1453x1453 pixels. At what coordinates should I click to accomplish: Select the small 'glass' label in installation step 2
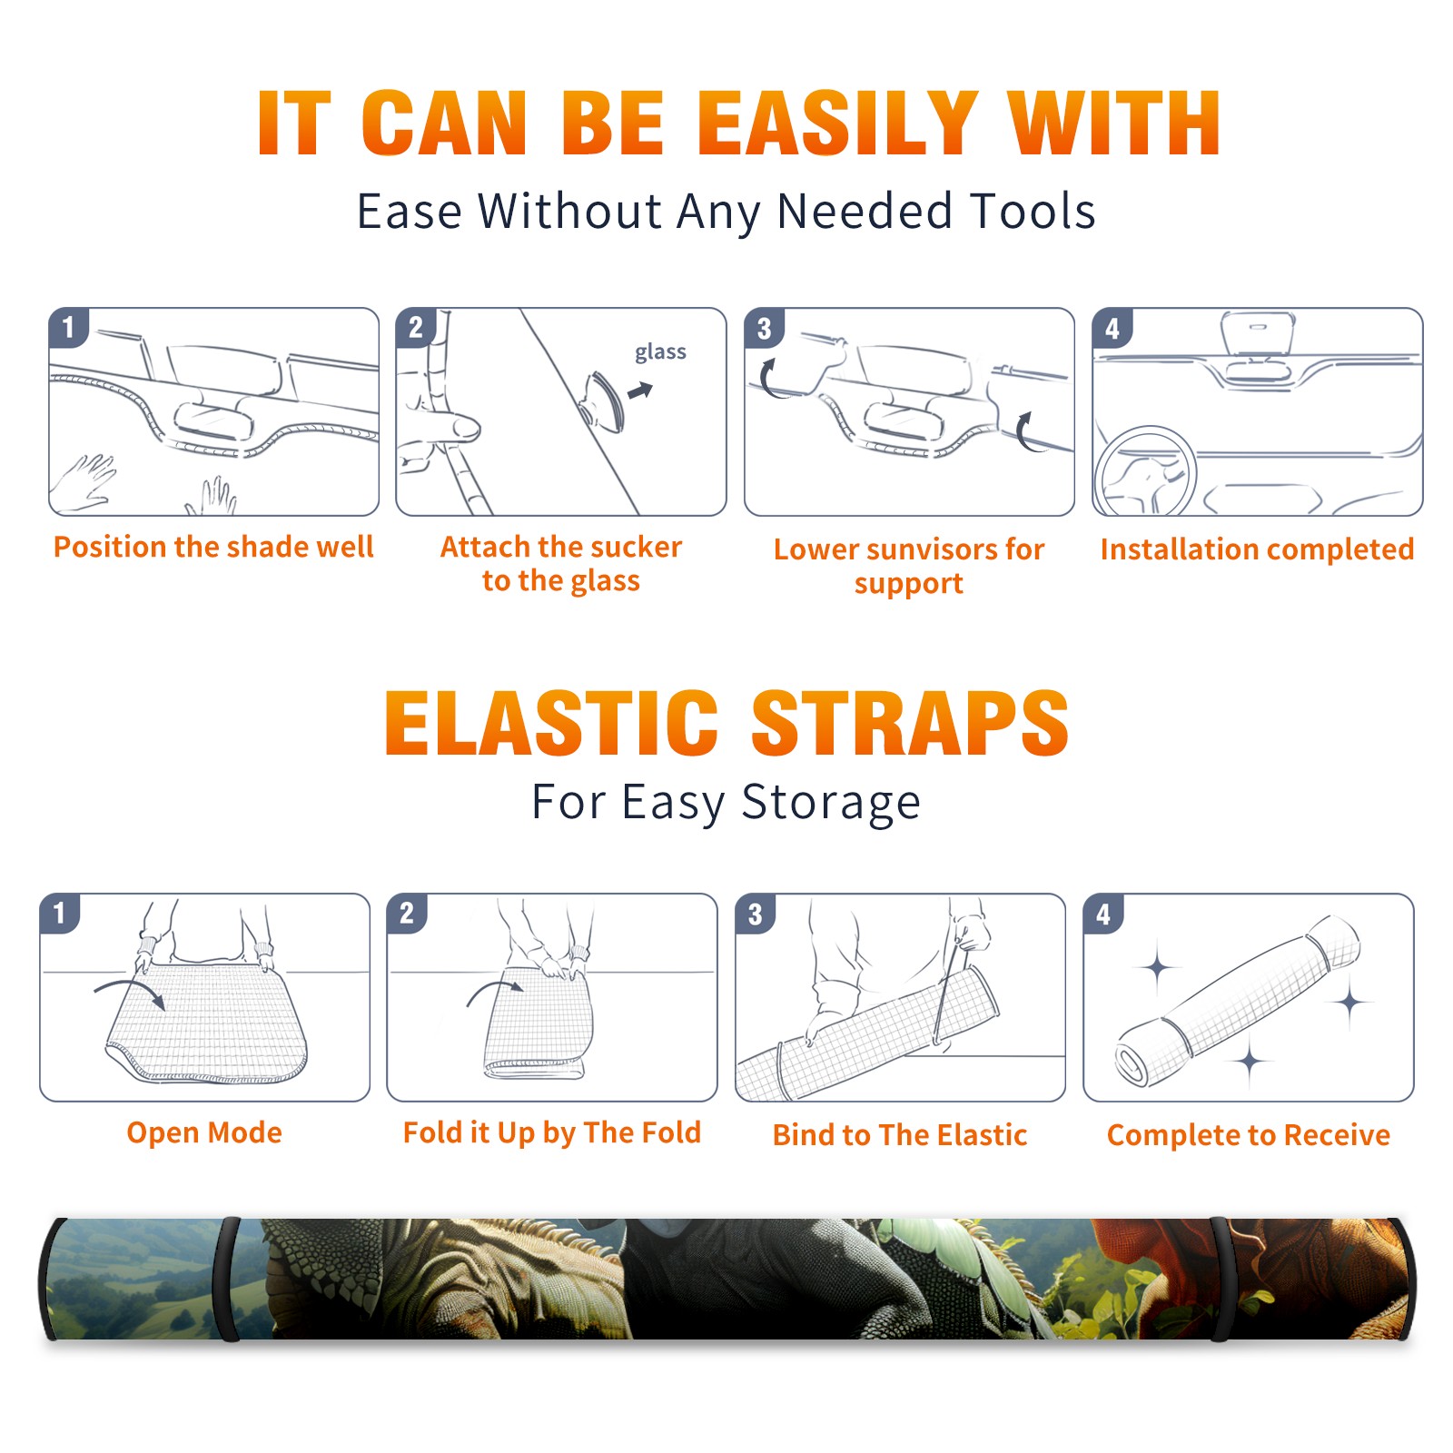pos(660,352)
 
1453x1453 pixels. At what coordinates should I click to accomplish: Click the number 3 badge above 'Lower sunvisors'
pos(764,328)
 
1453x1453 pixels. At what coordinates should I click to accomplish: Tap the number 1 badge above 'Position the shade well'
pos(68,327)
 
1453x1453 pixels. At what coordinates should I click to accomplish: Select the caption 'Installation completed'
pos(1257,549)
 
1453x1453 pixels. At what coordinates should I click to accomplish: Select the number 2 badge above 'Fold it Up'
pos(406,913)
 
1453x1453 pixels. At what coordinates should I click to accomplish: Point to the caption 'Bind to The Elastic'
pos(899,1135)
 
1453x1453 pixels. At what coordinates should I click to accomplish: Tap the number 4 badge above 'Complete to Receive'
pos(1103,914)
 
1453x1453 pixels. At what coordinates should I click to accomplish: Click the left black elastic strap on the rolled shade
pos(228,1279)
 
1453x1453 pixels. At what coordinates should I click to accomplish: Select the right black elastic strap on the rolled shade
pos(1220,1279)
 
